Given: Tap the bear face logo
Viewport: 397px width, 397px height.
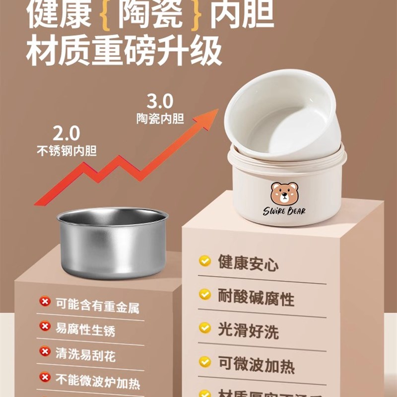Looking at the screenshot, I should [284, 193].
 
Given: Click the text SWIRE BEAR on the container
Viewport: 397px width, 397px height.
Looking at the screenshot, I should [284, 211].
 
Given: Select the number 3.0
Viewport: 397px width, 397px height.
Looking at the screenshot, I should [160, 102].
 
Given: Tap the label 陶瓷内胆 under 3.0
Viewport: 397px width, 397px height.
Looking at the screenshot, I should [160, 119].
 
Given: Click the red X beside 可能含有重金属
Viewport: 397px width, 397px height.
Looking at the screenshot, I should [45, 301].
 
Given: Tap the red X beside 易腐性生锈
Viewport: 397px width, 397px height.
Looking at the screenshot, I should [45, 326].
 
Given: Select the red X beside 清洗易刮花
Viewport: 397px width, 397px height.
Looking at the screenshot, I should [45, 351].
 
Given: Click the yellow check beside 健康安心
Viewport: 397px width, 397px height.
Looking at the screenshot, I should [204, 261].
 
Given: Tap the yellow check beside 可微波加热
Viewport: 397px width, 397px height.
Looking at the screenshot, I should [204, 362].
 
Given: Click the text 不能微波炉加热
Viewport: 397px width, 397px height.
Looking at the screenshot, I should [97, 381].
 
